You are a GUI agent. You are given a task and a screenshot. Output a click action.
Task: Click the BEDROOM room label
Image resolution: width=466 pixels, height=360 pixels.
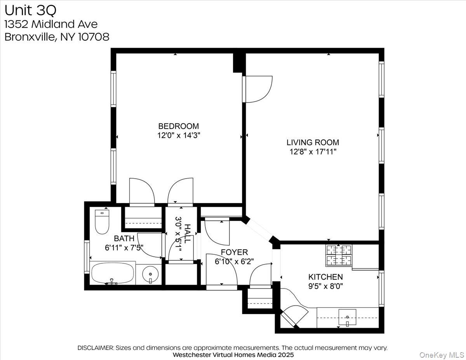point(178,126)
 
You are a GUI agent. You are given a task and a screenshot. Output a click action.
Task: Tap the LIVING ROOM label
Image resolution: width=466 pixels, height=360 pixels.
point(313,143)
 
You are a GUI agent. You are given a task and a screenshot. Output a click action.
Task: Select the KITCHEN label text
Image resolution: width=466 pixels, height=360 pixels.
point(325,277)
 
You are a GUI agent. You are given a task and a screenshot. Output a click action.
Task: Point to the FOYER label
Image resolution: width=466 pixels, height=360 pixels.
point(234,252)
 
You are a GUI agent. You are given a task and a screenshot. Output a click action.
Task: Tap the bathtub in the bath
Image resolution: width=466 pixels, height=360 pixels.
point(113,273)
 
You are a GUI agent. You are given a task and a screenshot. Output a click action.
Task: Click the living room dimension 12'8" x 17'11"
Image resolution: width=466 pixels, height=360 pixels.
point(313,152)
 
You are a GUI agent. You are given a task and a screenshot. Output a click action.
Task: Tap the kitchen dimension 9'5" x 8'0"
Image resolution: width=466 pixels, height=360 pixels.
point(325,286)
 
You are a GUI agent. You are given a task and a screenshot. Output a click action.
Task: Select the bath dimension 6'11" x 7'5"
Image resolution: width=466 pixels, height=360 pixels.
point(124,247)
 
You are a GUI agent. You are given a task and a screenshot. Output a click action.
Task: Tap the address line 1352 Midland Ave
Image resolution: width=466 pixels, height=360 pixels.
point(51,24)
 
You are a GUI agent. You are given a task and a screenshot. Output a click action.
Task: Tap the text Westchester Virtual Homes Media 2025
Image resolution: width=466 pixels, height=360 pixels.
point(233,355)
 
